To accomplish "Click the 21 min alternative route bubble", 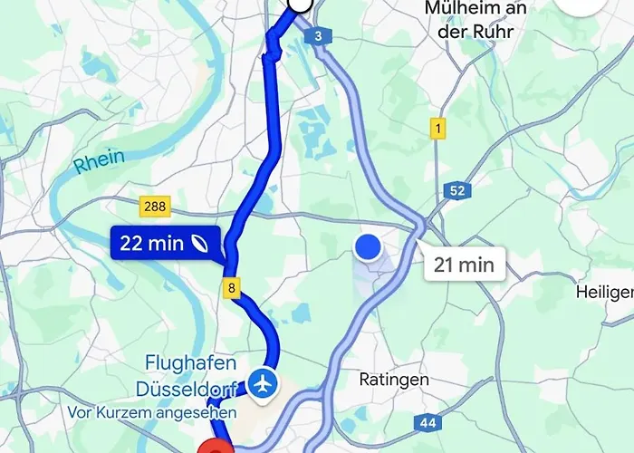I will click(464, 265).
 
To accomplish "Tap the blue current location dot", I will click(367, 246).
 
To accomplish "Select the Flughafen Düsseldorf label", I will click(190, 376).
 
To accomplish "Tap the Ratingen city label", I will click(394, 380).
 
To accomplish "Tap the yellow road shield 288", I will click(155, 207).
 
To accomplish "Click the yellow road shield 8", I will click(233, 289).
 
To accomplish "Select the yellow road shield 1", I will click(438, 129).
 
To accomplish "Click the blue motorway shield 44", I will click(427, 422).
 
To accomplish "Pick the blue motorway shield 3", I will click(319, 36).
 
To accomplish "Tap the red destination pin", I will click(214, 446).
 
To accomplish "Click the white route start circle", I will click(300, 5).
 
